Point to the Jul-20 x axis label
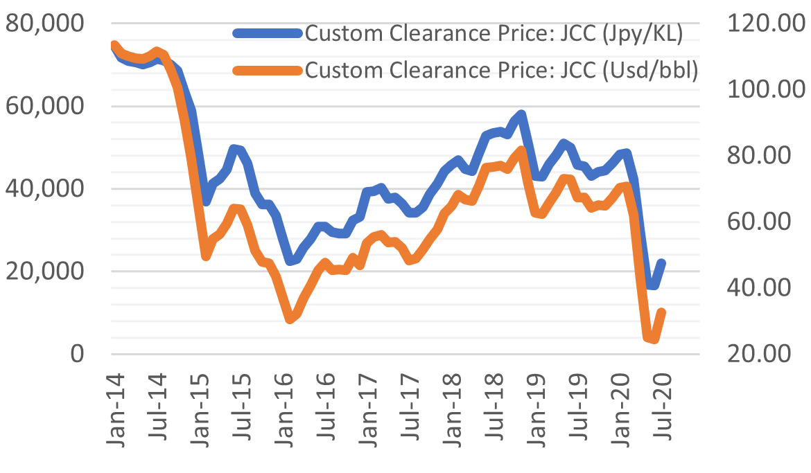click(x=661, y=404)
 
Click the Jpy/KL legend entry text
click(x=494, y=33)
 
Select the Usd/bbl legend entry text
click(x=500, y=70)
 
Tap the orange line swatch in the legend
click(x=268, y=69)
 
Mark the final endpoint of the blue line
click(x=662, y=262)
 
